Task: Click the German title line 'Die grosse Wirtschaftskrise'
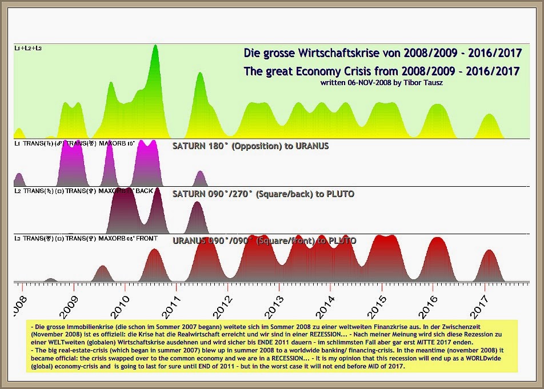point(382,54)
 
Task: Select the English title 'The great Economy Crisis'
point(381,71)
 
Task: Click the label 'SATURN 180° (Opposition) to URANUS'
point(250,146)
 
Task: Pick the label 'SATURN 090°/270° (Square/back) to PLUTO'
point(263,194)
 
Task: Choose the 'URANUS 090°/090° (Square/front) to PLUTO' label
point(264,240)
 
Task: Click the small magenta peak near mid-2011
point(199,175)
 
